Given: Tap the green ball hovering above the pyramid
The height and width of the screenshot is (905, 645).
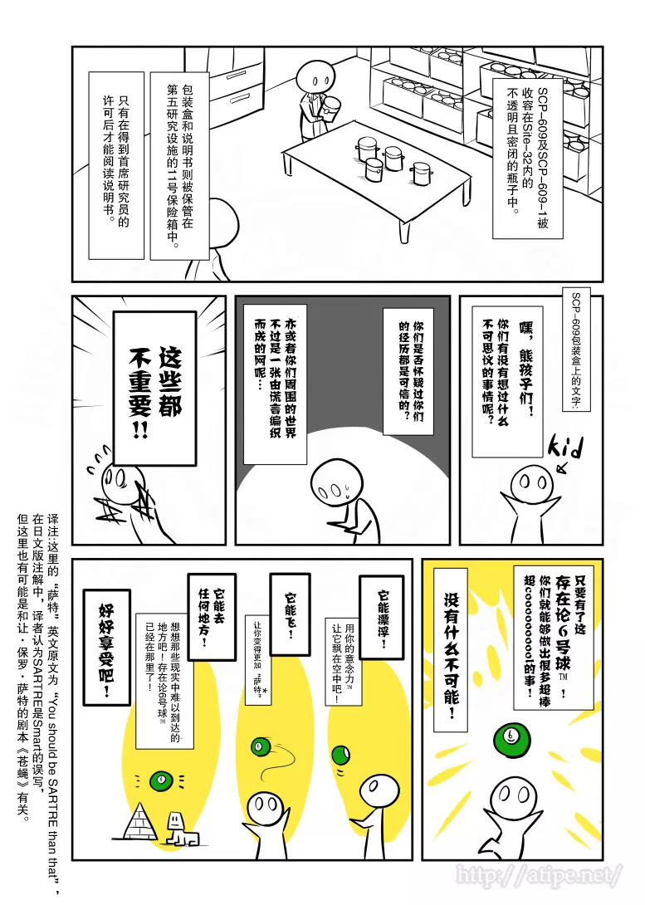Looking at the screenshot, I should [x=161, y=780].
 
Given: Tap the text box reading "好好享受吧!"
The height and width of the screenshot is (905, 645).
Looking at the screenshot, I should [x=106, y=648].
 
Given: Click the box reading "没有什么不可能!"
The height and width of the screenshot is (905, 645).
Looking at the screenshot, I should [x=453, y=656].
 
